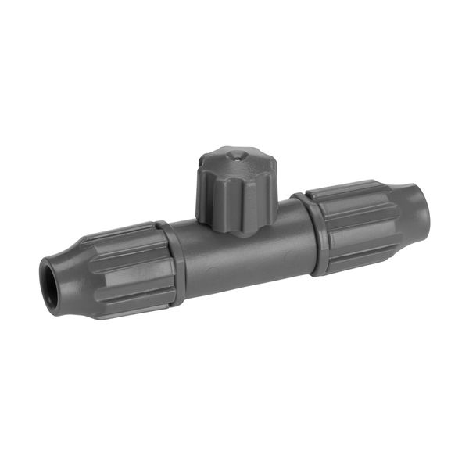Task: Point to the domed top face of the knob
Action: coord(234,159)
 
